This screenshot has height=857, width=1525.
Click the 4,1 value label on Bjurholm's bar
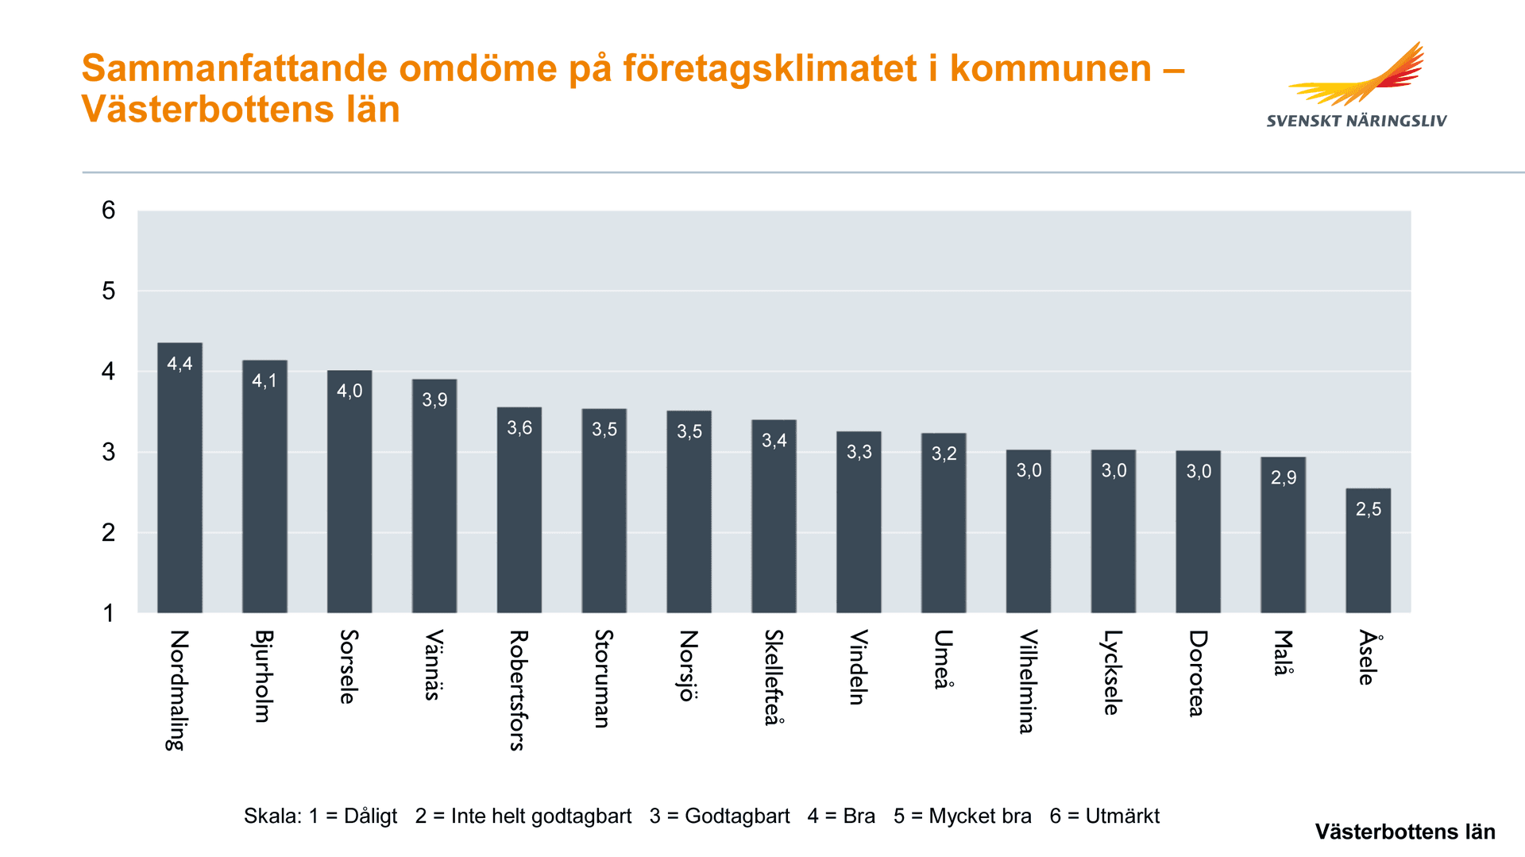pyautogui.click(x=264, y=381)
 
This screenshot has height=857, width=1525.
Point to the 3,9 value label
pyautogui.click(x=434, y=400)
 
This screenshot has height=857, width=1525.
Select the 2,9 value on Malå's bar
pyautogui.click(x=1284, y=477)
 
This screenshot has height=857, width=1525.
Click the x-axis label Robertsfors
pyautogui.click(x=518, y=689)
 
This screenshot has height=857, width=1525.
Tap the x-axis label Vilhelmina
pyautogui.click(x=1028, y=681)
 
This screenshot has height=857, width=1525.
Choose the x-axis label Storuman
pyautogui.click(x=604, y=678)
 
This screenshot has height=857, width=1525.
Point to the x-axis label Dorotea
pyautogui.click(x=1198, y=673)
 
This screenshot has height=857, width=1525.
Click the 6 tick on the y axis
pyautogui.click(x=109, y=210)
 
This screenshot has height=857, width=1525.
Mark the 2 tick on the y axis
pyautogui.click(x=109, y=532)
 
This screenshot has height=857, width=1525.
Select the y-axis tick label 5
pyautogui.click(x=109, y=291)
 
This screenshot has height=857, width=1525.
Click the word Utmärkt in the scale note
pyautogui.click(x=1122, y=816)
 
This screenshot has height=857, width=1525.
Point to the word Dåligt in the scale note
pyautogui.click(x=370, y=816)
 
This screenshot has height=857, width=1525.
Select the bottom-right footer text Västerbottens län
pyautogui.click(x=1404, y=832)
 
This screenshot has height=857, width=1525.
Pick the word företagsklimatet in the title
pyautogui.click(x=770, y=68)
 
